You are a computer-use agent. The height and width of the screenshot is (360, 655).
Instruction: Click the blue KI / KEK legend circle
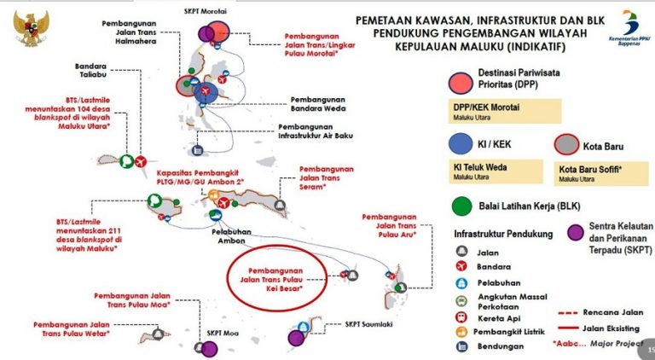coord(462,141)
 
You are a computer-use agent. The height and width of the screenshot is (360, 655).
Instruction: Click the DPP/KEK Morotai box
coord(503,110)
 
